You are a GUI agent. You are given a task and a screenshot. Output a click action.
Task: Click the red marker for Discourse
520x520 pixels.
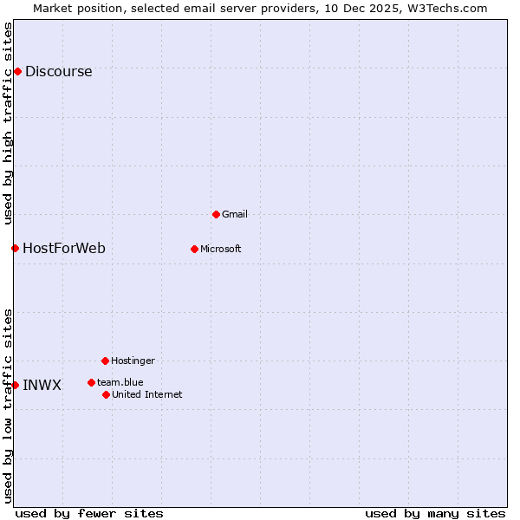(x=17, y=71)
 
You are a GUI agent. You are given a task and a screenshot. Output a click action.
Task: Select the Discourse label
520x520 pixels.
(x=58, y=72)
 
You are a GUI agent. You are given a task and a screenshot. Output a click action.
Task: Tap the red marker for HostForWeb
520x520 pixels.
(x=15, y=248)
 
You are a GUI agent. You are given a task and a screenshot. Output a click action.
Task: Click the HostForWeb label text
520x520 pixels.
(x=64, y=249)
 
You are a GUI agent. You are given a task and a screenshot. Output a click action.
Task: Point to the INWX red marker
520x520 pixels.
(x=15, y=385)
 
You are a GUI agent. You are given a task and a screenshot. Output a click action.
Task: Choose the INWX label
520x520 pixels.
(x=42, y=386)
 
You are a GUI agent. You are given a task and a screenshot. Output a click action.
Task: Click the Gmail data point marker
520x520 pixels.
(x=216, y=214)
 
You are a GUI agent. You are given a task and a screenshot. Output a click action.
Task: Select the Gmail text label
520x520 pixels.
(x=235, y=214)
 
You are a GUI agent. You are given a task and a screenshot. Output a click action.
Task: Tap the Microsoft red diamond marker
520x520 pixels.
(x=194, y=249)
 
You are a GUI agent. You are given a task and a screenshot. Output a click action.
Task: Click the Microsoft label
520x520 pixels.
(x=221, y=250)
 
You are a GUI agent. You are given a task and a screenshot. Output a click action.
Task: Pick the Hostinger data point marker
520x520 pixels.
(x=105, y=361)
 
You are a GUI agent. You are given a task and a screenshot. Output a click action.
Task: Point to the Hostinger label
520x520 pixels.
(x=133, y=361)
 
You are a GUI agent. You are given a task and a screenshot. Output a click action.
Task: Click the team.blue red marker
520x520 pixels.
(x=91, y=382)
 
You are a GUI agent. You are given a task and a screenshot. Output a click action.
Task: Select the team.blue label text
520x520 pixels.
(x=120, y=382)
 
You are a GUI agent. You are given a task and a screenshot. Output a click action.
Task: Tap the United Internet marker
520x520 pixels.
(x=106, y=394)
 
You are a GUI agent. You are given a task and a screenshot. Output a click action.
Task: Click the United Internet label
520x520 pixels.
(x=147, y=395)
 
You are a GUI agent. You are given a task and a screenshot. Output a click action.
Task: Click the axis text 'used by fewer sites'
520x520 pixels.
(x=89, y=514)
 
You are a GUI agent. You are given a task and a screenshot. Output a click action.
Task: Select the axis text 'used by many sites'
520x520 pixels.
(x=435, y=514)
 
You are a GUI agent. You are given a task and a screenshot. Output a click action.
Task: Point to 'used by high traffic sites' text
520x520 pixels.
(x=8, y=123)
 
